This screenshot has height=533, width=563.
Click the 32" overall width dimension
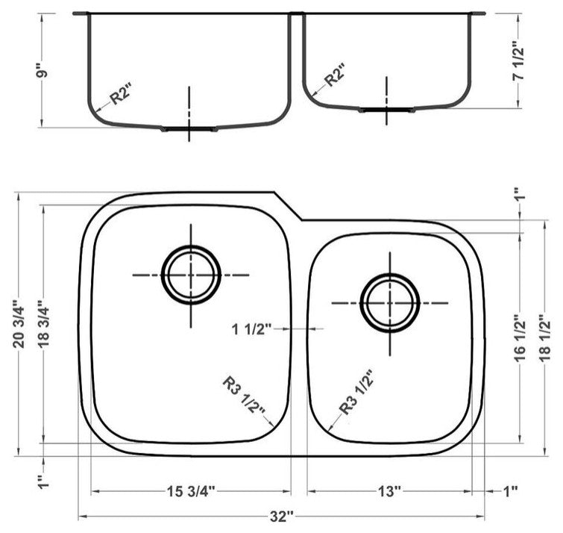(x=281, y=517)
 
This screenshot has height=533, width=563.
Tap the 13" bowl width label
(x=389, y=491)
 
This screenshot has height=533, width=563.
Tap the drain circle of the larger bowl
(x=192, y=274)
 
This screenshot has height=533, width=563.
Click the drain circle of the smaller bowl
(x=389, y=302)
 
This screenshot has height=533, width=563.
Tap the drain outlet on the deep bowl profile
(x=189, y=129)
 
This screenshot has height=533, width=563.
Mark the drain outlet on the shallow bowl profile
(x=386, y=110)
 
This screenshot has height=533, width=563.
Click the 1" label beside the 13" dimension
(x=510, y=491)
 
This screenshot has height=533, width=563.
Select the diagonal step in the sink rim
(x=287, y=207)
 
